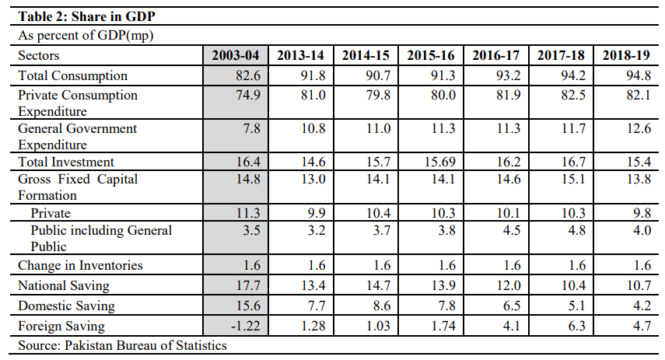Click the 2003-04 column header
[236, 56]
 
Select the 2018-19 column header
[627, 56]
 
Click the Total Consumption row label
[73, 76]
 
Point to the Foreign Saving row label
[61, 326]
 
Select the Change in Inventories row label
[81, 266]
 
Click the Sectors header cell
[39, 56]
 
